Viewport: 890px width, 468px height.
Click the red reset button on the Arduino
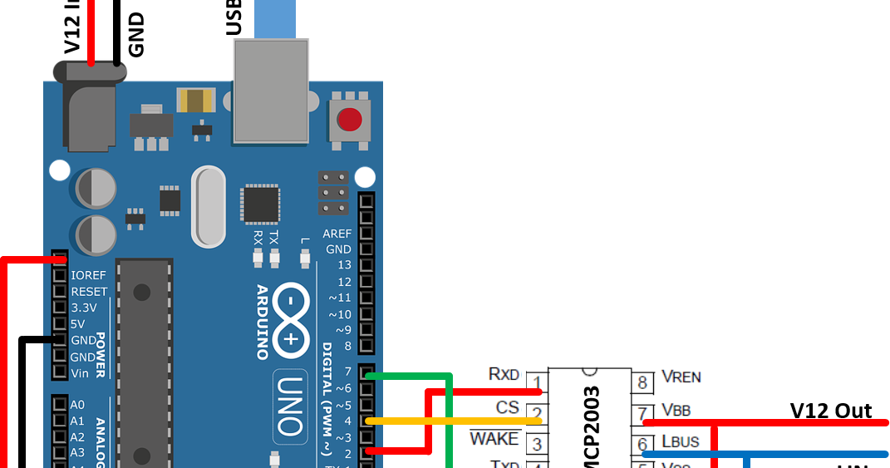(x=349, y=121)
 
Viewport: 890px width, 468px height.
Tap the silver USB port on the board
(x=271, y=90)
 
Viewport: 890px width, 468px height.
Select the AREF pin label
(x=337, y=234)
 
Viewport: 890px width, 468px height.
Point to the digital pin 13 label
(x=344, y=265)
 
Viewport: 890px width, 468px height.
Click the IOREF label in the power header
(x=89, y=275)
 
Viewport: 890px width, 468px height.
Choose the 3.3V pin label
(x=84, y=308)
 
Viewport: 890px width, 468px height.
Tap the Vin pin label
(x=80, y=373)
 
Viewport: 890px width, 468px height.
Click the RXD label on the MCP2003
(x=504, y=375)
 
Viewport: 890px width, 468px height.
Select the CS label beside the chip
(x=507, y=407)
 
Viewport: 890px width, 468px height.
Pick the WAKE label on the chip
(x=494, y=438)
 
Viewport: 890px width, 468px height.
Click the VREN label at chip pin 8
(x=681, y=377)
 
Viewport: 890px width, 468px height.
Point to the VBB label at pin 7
(x=676, y=409)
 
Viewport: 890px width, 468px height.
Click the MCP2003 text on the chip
(x=593, y=427)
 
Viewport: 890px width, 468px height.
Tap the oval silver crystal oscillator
(x=208, y=207)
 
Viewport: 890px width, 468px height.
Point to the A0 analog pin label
(x=77, y=404)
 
